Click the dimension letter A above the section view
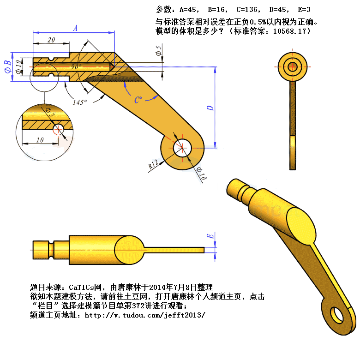point(76,28)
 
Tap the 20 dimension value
point(51,40)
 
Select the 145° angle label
point(80,102)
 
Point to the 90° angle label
point(76,66)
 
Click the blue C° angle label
point(138,100)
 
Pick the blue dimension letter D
point(210,108)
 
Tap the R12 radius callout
point(153,164)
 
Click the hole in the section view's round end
point(182,148)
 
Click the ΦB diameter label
point(8,67)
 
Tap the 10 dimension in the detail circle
point(40,140)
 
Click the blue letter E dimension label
point(210,236)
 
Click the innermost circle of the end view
point(293,67)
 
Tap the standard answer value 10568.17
point(289,31)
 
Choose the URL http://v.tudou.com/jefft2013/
point(145,315)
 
